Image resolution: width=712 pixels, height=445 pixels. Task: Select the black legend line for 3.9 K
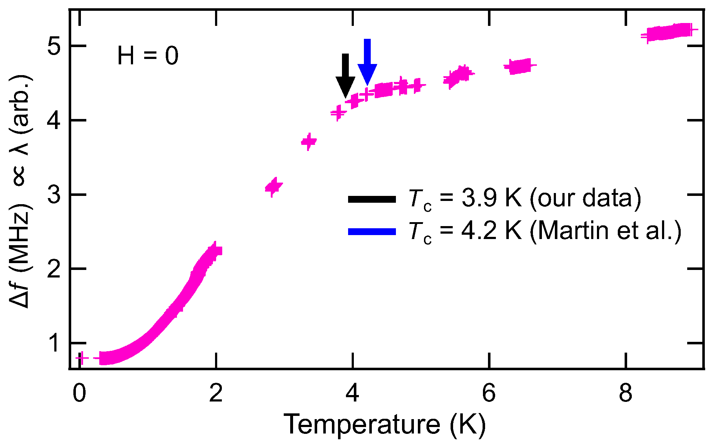372,199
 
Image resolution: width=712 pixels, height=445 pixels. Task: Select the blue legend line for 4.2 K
372,231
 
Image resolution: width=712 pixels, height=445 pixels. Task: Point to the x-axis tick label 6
489,393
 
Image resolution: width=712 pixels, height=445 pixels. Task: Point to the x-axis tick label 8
625,393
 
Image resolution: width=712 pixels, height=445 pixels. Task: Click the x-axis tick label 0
79,393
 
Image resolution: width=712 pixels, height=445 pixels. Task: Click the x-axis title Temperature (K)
385,425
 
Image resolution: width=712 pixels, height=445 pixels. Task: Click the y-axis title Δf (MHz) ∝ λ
21,191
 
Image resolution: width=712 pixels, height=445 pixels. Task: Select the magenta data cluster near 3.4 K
309,142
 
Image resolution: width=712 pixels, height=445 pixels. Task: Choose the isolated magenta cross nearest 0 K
82,358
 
